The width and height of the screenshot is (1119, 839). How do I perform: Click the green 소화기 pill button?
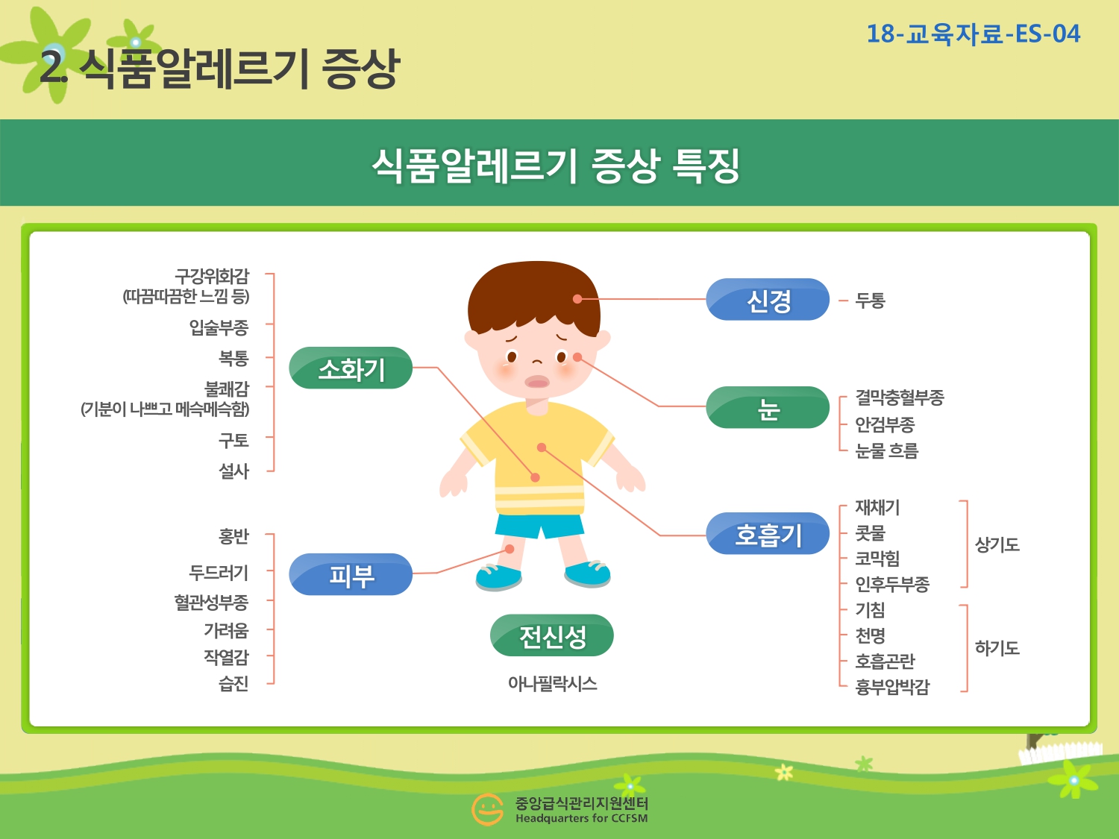click(x=351, y=368)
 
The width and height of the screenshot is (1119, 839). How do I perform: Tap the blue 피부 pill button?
click(x=351, y=574)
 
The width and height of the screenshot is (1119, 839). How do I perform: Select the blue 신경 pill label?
click(x=768, y=299)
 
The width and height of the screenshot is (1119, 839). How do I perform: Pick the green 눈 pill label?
click(x=768, y=407)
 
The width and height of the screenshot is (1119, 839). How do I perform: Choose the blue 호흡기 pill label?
click(x=768, y=533)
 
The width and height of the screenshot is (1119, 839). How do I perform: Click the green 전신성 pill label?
click(x=552, y=635)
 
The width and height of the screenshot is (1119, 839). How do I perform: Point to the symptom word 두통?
click(x=871, y=300)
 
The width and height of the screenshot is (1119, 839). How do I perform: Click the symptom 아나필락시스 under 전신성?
click(x=552, y=683)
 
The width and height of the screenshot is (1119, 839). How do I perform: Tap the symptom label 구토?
click(x=233, y=440)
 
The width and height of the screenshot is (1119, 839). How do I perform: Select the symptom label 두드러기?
click(x=219, y=573)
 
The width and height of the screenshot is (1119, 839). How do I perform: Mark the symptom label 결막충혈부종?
click(x=900, y=397)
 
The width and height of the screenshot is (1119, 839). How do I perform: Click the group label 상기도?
click(x=997, y=544)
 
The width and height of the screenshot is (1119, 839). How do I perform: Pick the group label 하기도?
click(x=997, y=647)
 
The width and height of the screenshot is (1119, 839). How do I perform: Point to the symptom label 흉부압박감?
click(x=892, y=687)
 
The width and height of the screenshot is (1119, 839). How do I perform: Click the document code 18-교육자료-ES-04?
click(x=974, y=34)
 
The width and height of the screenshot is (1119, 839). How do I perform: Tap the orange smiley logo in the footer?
click(x=487, y=809)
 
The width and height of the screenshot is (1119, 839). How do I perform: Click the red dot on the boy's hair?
click(x=577, y=299)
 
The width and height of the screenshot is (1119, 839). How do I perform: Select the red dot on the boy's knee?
click(x=510, y=549)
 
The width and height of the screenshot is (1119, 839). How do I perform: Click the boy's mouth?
click(x=537, y=382)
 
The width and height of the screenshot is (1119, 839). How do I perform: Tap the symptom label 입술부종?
click(x=219, y=327)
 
